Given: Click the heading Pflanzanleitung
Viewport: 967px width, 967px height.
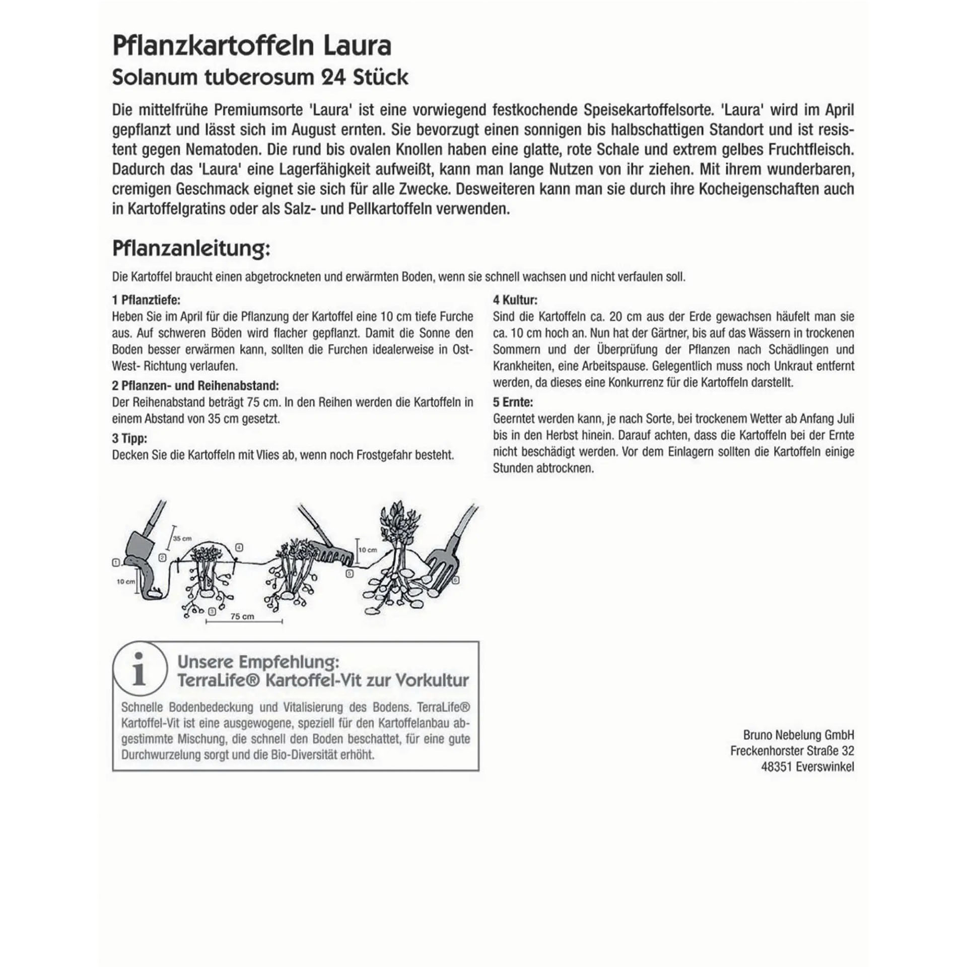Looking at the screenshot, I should click(191, 249).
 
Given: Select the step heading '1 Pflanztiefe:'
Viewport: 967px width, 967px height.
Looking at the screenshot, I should click(146, 300).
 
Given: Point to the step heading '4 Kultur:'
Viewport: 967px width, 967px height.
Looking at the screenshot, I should click(515, 300).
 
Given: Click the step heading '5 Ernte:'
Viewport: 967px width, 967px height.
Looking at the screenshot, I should click(513, 402).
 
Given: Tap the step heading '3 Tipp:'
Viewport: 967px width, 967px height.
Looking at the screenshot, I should click(129, 439).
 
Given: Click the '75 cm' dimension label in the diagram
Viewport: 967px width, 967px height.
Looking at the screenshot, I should click(242, 616).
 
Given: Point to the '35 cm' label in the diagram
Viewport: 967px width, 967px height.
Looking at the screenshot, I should click(182, 538).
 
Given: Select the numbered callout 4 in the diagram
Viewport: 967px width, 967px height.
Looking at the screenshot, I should click(239, 547).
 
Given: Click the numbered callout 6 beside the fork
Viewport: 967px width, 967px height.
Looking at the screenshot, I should click(456, 580).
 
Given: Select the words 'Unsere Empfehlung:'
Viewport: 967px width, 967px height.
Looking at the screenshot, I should click(258, 661).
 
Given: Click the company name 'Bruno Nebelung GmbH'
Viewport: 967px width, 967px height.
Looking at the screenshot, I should click(798, 735).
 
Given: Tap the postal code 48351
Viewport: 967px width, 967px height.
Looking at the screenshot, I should click(777, 767).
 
